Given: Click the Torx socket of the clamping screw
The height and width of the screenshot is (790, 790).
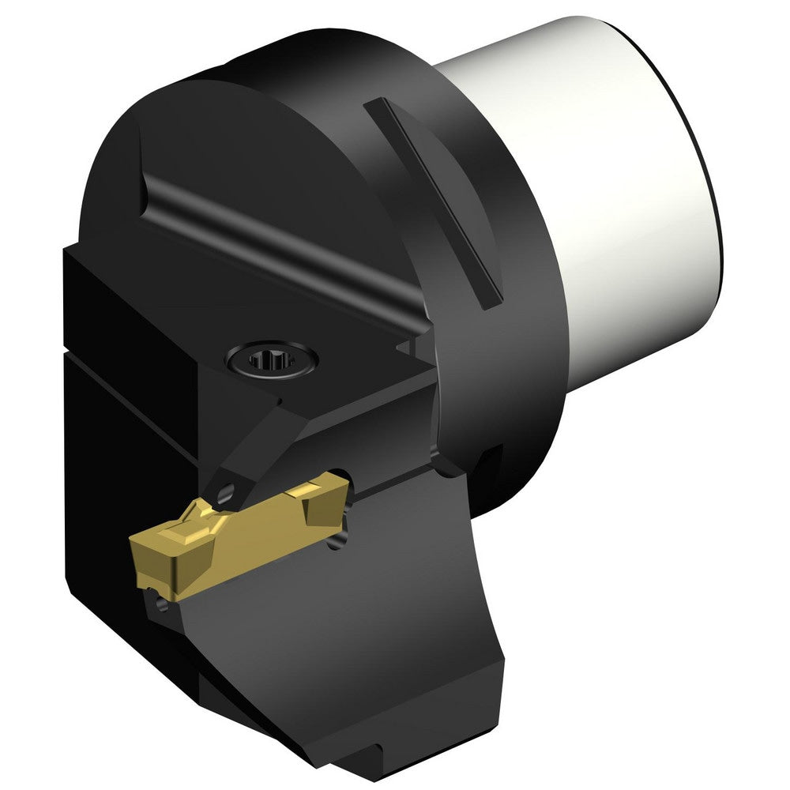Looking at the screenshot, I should pyautogui.click(x=271, y=361).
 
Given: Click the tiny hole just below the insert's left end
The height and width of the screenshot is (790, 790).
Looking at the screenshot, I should pyautogui.click(x=160, y=604).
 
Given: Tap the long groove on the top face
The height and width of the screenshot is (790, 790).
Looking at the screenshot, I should pyautogui.click(x=276, y=245).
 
